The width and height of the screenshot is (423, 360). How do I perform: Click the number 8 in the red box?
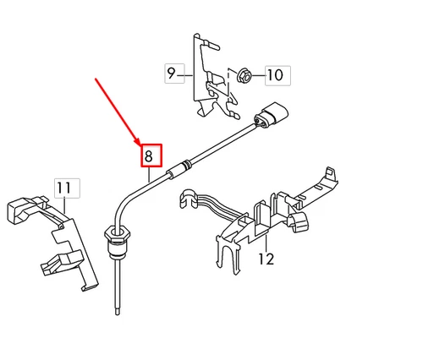149,156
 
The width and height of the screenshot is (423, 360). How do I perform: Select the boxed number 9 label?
172,74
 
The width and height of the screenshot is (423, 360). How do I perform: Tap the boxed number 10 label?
274,74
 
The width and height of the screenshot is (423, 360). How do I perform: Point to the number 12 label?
266,259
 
